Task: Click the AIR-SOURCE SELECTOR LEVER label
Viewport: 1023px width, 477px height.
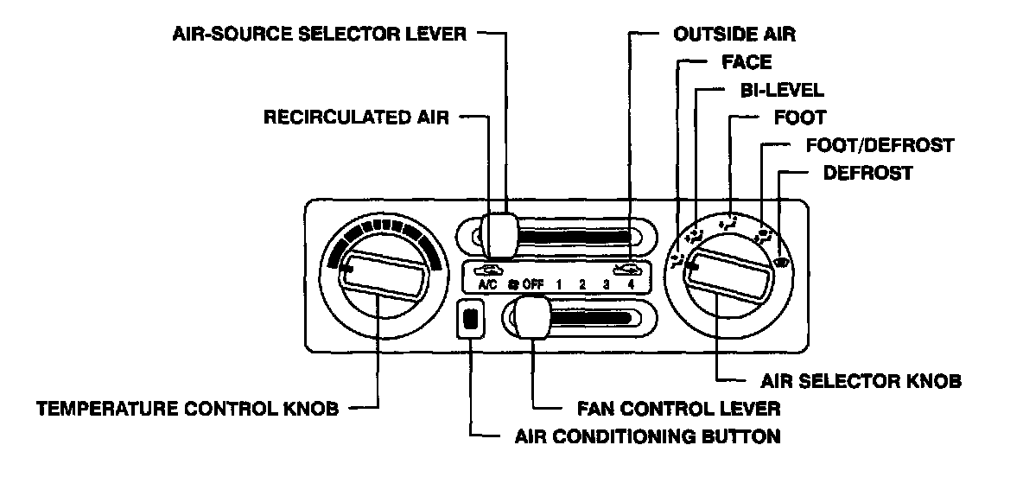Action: tap(320, 35)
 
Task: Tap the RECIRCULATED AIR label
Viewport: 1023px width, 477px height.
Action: tap(357, 118)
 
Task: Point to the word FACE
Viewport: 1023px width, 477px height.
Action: tap(746, 62)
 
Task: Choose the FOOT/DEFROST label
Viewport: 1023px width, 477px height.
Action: tap(879, 145)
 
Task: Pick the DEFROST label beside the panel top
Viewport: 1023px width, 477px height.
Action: tap(867, 173)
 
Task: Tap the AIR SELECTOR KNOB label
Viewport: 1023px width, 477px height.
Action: tap(861, 379)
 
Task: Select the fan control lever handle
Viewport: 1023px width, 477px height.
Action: tap(532, 319)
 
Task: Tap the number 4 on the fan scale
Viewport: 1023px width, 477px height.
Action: tap(632, 283)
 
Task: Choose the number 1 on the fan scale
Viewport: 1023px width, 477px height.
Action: tap(559, 283)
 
